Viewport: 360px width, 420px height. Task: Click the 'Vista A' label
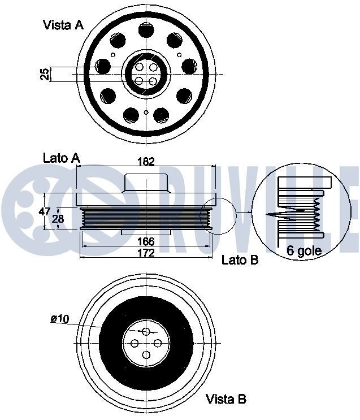click(x=63, y=25)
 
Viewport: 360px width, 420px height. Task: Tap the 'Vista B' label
click(x=226, y=399)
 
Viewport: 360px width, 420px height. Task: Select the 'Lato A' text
click(x=61, y=158)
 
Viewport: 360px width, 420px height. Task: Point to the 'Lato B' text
click(x=240, y=260)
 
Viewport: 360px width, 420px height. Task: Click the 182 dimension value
click(x=146, y=162)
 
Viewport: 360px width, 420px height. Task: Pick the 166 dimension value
click(x=146, y=242)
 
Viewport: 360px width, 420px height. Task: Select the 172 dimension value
click(x=146, y=253)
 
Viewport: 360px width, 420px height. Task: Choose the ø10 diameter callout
click(x=59, y=319)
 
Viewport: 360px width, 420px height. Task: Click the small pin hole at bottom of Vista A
click(x=146, y=112)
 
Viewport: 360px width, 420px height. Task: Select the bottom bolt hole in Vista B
click(x=146, y=355)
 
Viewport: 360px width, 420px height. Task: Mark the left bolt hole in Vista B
click(x=134, y=343)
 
